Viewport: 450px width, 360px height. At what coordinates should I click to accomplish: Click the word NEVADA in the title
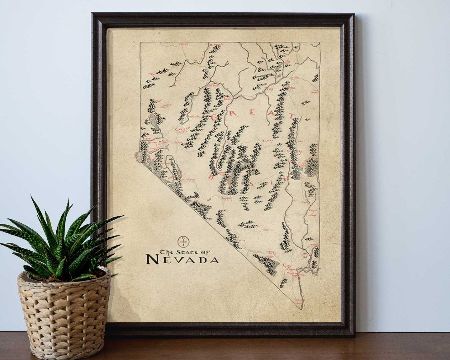click(182, 259)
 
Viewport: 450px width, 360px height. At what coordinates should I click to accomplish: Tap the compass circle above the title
click(183, 241)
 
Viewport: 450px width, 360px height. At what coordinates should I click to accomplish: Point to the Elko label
click(268, 89)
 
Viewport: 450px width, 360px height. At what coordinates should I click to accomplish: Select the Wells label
click(294, 77)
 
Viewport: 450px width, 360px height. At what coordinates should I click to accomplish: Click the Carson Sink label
click(181, 131)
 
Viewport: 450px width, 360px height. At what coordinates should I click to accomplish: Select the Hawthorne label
click(188, 180)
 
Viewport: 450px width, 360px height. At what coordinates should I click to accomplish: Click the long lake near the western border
click(153, 121)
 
